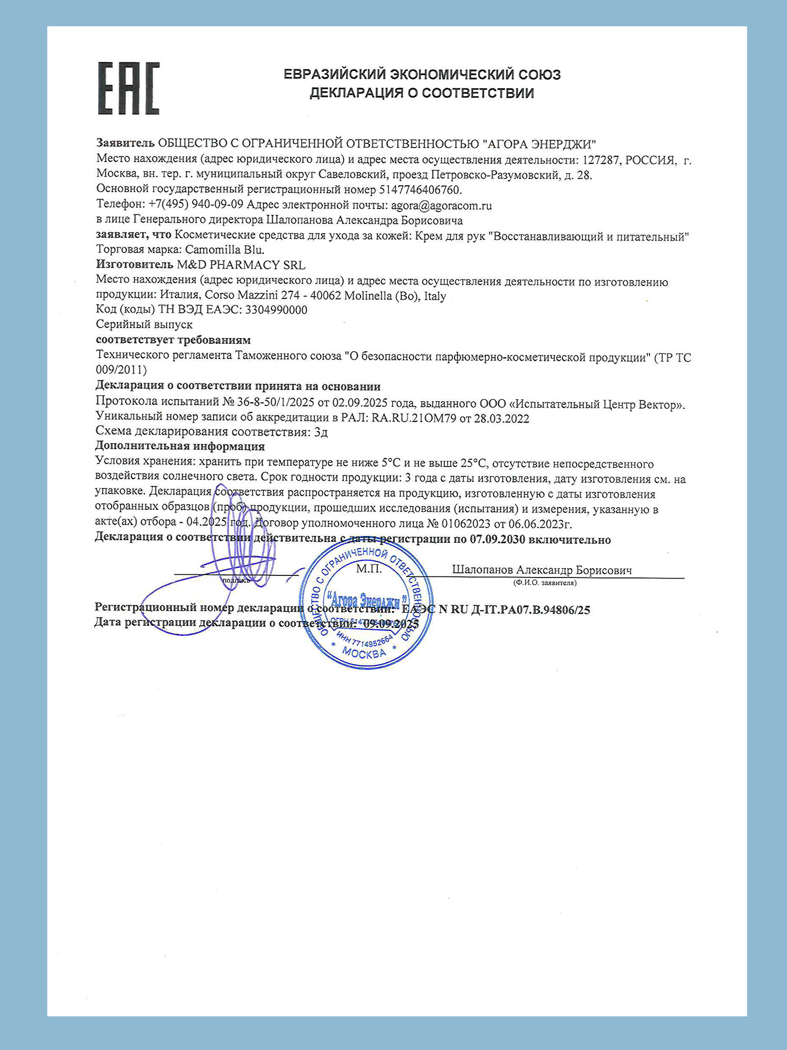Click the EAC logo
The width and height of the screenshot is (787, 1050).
coord(129,88)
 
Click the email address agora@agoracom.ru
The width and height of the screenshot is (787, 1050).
coord(441,205)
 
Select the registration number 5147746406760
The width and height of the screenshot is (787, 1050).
coord(420,190)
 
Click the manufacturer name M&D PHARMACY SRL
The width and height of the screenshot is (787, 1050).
coord(241,265)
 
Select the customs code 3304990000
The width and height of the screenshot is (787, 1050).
coord(276,310)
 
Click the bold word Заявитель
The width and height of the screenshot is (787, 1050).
coord(125,143)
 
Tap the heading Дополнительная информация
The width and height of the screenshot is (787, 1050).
coord(179,446)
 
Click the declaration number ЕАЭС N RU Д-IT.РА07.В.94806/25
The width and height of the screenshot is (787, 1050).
coord(496,610)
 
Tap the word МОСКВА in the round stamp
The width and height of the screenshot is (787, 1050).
coord(364,654)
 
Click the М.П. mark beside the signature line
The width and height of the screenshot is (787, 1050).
coord(369,569)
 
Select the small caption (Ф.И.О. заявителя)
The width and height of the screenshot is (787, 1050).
coord(545,583)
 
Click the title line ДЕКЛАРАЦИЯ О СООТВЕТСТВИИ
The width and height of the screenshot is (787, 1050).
coord(421,93)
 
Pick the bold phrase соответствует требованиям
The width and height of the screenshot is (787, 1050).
coord(173,340)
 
